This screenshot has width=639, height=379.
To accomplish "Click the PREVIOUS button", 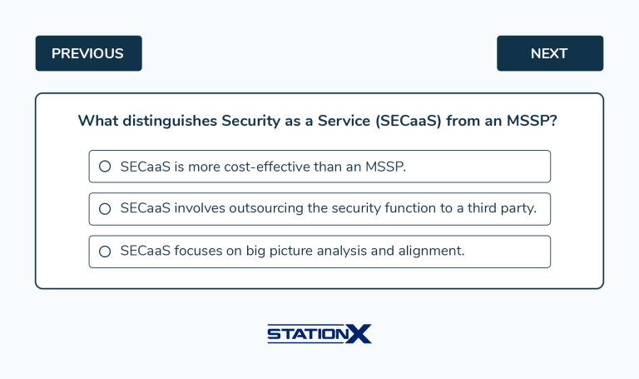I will pyautogui.click(x=88, y=53).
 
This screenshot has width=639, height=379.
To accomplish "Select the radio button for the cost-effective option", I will pyautogui.click(x=105, y=167).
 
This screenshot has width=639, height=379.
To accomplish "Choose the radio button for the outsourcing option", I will pyautogui.click(x=105, y=209).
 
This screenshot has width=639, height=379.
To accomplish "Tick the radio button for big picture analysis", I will pyautogui.click(x=105, y=252).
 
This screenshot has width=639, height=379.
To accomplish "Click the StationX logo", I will pyautogui.click(x=319, y=334).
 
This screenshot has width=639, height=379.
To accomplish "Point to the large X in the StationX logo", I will pyautogui.click(x=359, y=333).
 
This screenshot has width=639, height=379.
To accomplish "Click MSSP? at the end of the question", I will pyautogui.click(x=532, y=122).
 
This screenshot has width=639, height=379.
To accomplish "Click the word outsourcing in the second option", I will pyautogui.click(x=264, y=209).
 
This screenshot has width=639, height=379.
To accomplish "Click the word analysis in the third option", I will pyautogui.click(x=344, y=252).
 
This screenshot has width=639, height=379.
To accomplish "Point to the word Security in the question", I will pyautogui.click(x=251, y=122).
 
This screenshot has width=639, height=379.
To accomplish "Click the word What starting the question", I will pyautogui.click(x=97, y=122).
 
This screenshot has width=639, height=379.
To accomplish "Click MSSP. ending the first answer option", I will pyautogui.click(x=386, y=167).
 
